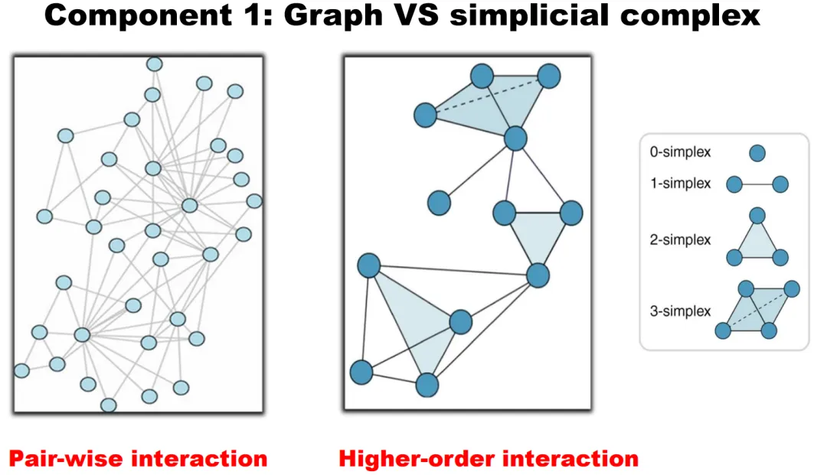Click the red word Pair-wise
click(x=66, y=459)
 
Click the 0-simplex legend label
click(x=680, y=152)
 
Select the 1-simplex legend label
click(x=680, y=184)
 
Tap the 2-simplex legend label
click(x=680, y=240)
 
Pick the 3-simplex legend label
click(x=680, y=311)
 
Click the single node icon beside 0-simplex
click(x=757, y=153)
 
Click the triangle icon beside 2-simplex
click(x=757, y=239)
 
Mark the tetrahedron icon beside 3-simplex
click(x=757, y=310)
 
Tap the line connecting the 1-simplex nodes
click(x=757, y=184)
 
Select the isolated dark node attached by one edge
click(x=439, y=203)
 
